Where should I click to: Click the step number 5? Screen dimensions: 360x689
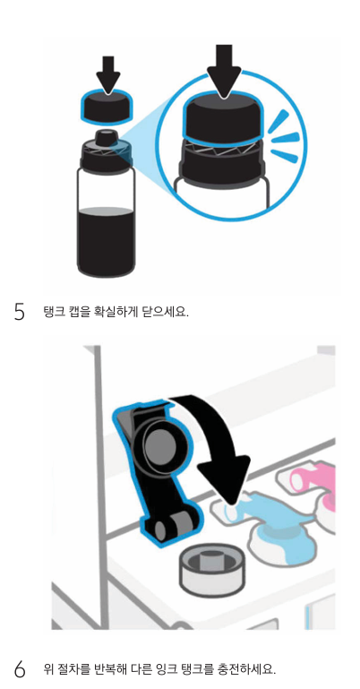point(20,312)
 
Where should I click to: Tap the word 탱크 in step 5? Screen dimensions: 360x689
point(52,312)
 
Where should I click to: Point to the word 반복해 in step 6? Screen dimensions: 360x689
point(107,668)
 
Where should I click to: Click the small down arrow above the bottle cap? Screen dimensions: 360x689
point(107,74)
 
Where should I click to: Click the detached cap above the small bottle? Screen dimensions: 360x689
point(107,108)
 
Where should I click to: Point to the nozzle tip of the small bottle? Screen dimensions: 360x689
point(106,132)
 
